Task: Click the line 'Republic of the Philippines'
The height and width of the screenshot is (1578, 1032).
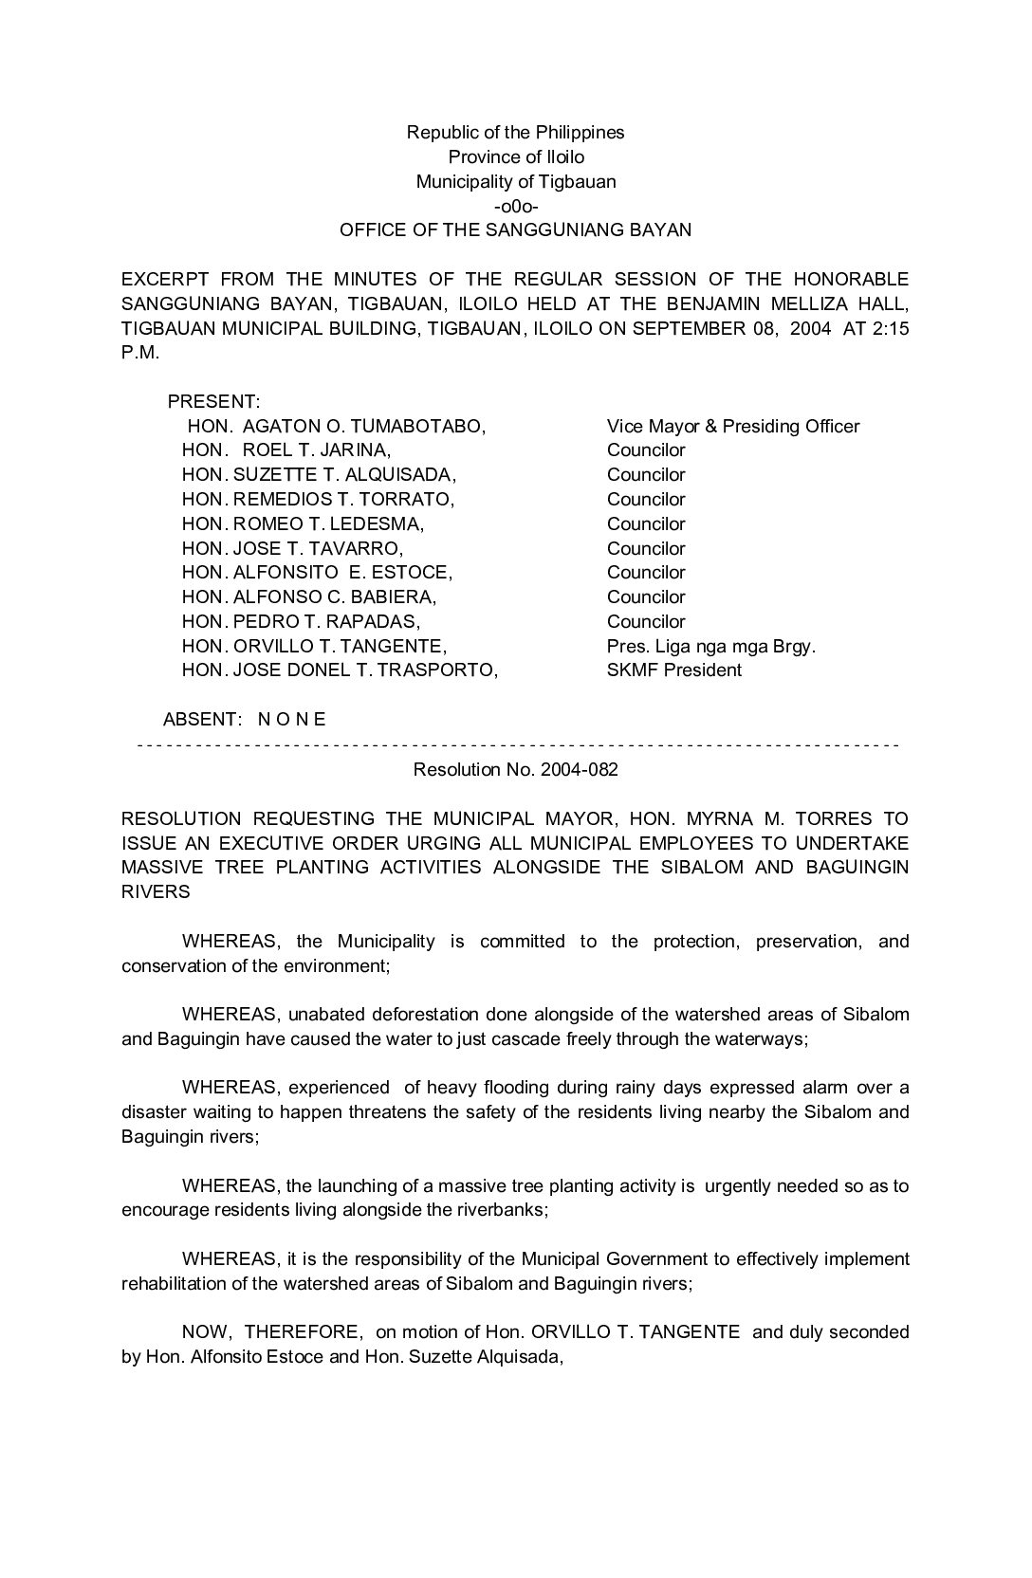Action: tap(515, 133)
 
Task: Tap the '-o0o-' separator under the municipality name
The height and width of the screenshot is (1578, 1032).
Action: tap(515, 206)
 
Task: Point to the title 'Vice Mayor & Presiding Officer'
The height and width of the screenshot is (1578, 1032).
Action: tap(732, 427)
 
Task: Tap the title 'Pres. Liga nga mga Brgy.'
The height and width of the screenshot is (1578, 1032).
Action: tap(710, 647)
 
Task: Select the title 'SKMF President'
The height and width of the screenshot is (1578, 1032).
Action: tap(673, 670)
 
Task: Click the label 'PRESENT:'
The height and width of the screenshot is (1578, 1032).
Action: tap(213, 402)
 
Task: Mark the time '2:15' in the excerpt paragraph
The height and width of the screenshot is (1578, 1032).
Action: tap(889, 328)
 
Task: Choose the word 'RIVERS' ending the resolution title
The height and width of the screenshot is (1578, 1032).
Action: tap(156, 892)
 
